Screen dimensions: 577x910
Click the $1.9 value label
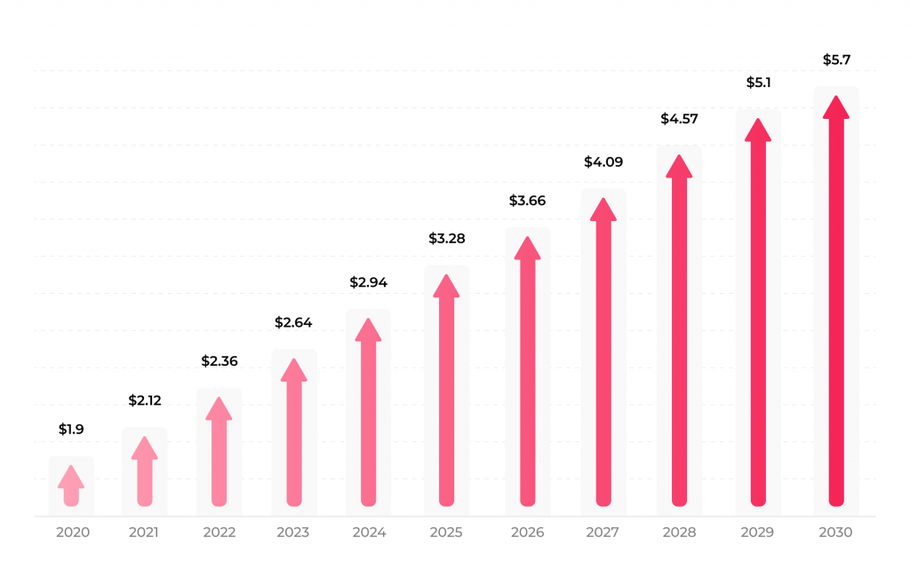[x=71, y=430]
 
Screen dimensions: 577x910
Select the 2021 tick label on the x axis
[x=144, y=533]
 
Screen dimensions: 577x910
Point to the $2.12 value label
[x=145, y=401]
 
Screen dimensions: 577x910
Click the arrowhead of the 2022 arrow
[x=219, y=408]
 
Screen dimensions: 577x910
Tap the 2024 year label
[x=369, y=533]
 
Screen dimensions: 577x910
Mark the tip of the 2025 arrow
[x=447, y=286]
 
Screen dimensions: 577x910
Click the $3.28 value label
[x=447, y=239]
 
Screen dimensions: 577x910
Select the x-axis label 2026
[x=528, y=533]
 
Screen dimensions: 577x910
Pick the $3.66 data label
[x=527, y=201]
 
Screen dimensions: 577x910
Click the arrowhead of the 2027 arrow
[x=603, y=209]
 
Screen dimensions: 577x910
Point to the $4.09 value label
[x=603, y=162]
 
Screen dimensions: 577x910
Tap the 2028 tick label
[x=679, y=533]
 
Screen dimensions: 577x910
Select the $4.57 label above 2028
[x=679, y=119]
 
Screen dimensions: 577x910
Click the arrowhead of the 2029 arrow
[x=758, y=130]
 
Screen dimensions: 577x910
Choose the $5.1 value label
[x=758, y=83]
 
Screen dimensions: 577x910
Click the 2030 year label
[x=835, y=533]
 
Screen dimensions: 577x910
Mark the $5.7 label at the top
[x=835, y=60]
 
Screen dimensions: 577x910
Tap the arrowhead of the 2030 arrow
[x=835, y=107]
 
